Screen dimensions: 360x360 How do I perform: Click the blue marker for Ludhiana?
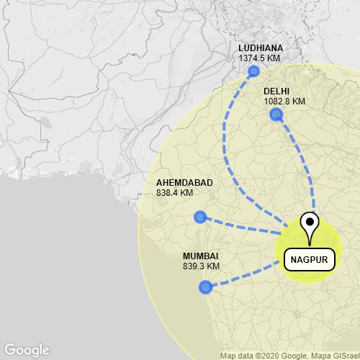pyautogui.click(x=253, y=71)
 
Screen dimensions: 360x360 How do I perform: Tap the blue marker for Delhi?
pyautogui.click(x=275, y=114)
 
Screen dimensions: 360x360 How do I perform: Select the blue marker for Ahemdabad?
pyautogui.click(x=200, y=217)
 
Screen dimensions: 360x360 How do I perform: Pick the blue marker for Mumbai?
pyautogui.click(x=205, y=287)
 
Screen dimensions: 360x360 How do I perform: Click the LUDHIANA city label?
pyautogui.click(x=261, y=48)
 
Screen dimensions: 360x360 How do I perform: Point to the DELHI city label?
pyautogui.click(x=276, y=91)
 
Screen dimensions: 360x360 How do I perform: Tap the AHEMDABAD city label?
pyautogui.click(x=184, y=183)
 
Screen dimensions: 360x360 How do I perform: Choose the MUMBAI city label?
pyautogui.click(x=200, y=256)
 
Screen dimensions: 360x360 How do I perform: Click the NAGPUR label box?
pyautogui.click(x=310, y=259)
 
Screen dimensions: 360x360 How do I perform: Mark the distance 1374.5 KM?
pyautogui.click(x=261, y=58)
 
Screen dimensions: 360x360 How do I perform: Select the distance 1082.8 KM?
pyautogui.click(x=284, y=102)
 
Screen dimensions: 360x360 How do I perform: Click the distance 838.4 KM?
pyautogui.click(x=174, y=193)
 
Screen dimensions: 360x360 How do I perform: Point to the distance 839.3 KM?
pyautogui.click(x=201, y=266)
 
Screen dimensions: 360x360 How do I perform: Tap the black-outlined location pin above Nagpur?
pyautogui.click(x=310, y=224)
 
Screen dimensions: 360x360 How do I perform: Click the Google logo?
pyautogui.click(x=26, y=350)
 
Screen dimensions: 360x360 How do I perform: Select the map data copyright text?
pyautogui.click(x=289, y=355)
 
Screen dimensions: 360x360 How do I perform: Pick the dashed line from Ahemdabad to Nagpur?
pyautogui.click(x=241, y=225)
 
